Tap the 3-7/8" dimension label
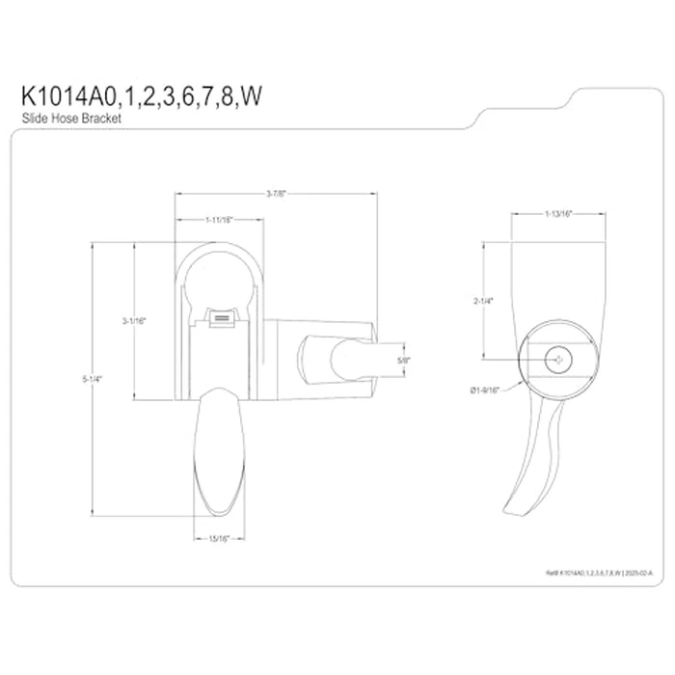click(x=275, y=194)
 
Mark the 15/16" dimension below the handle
click(x=221, y=538)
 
